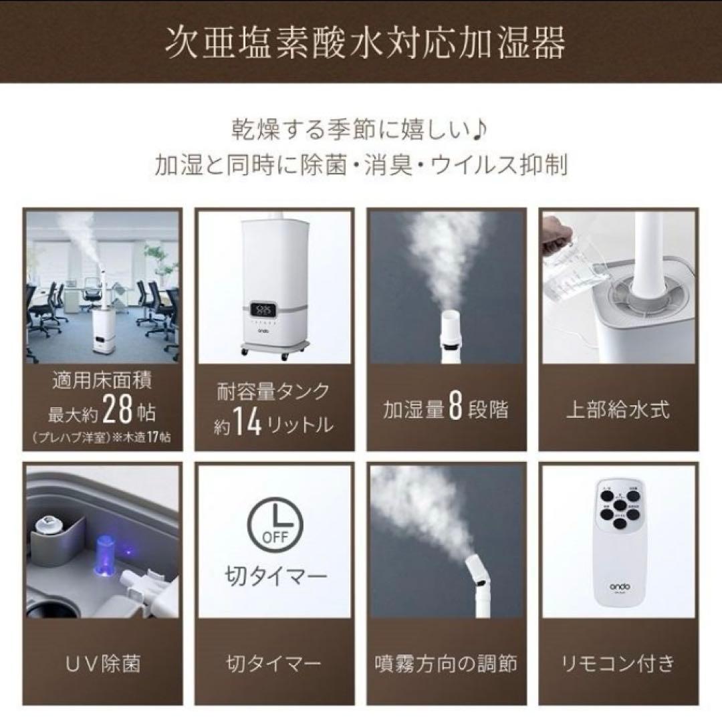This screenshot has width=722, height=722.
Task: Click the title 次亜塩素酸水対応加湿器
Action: [361, 43]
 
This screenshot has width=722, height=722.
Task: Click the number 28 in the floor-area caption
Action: [119, 412]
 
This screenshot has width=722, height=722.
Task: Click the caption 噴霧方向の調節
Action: [445, 663]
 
